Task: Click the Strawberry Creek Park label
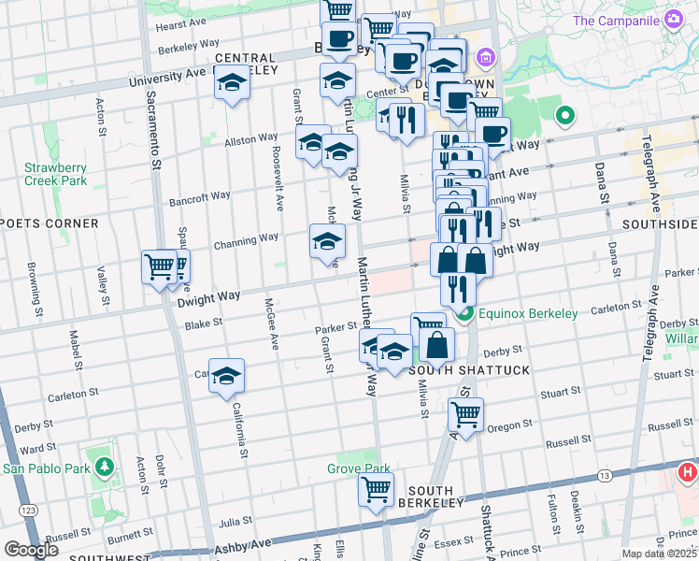pos(55,174)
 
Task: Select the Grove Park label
pos(358,468)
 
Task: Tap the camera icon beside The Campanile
pos(673,20)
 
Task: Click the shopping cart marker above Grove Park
pos(376,489)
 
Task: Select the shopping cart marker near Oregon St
pos(465,412)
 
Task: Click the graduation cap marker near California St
pos(227,376)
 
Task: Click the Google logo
pos(31,550)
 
